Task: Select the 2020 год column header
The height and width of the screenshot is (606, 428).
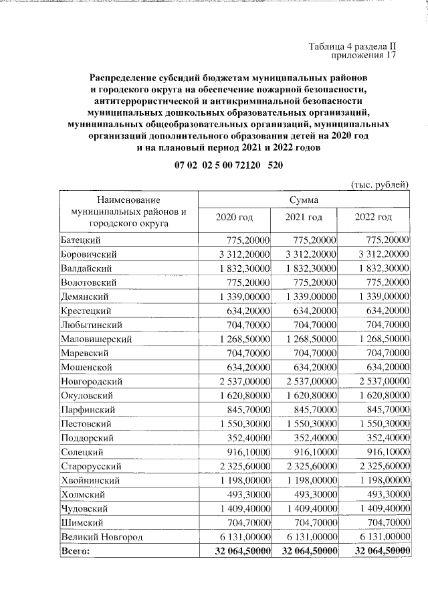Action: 235,217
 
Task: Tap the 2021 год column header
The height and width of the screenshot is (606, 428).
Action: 304,217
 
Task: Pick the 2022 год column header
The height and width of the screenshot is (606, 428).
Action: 373,217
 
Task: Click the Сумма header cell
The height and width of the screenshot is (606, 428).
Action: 304,200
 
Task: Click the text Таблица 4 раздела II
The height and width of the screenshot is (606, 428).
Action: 353,47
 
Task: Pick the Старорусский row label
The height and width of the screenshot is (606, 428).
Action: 90,465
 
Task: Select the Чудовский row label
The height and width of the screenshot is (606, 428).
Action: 84,508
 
